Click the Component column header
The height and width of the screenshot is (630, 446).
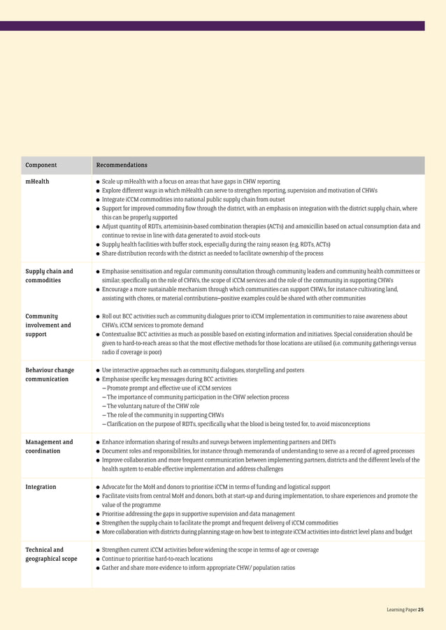(x=41, y=166)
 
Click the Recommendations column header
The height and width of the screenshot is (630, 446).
(x=122, y=166)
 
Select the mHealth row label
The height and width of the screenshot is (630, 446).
(x=37, y=182)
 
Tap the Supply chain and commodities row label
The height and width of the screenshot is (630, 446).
(x=49, y=276)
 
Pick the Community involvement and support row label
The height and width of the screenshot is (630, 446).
(x=48, y=325)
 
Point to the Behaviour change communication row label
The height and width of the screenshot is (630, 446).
(x=49, y=374)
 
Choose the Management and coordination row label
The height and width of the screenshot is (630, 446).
(x=49, y=446)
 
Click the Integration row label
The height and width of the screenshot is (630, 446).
(x=41, y=487)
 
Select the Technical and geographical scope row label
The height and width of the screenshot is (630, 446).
(x=51, y=555)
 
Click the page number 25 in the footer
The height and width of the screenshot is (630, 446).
(x=420, y=610)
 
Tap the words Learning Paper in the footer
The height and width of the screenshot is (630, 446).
(x=401, y=610)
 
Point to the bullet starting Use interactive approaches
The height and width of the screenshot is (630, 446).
(x=203, y=370)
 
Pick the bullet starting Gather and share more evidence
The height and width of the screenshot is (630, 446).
(x=198, y=568)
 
